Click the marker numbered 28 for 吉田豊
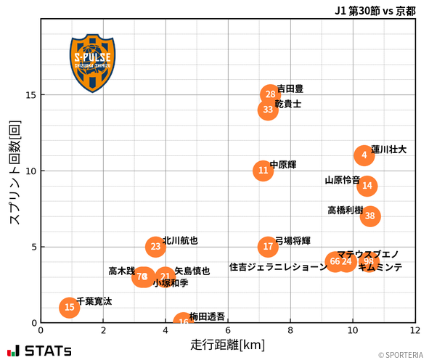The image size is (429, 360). [x=270, y=94]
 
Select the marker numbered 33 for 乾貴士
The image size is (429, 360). [x=268, y=110]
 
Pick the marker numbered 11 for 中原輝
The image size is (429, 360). [x=263, y=171]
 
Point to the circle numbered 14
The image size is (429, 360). [x=367, y=186]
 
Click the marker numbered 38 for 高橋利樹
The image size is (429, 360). [x=370, y=216]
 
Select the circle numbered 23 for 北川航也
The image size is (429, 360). [x=155, y=247]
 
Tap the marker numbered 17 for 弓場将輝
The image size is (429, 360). [x=268, y=247]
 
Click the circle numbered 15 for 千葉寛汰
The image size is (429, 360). [x=69, y=308]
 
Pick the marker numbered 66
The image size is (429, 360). [x=335, y=261]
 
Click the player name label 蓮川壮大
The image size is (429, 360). [x=389, y=150]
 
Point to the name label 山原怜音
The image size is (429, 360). [x=342, y=180]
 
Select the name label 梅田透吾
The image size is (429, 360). [x=208, y=316]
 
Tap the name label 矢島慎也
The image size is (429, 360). [x=192, y=271]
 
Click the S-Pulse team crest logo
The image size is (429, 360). [x=91, y=62]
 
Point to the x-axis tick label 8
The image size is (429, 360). [x=290, y=330]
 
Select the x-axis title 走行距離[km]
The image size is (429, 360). [x=228, y=343]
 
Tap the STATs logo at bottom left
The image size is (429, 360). [x=40, y=351]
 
